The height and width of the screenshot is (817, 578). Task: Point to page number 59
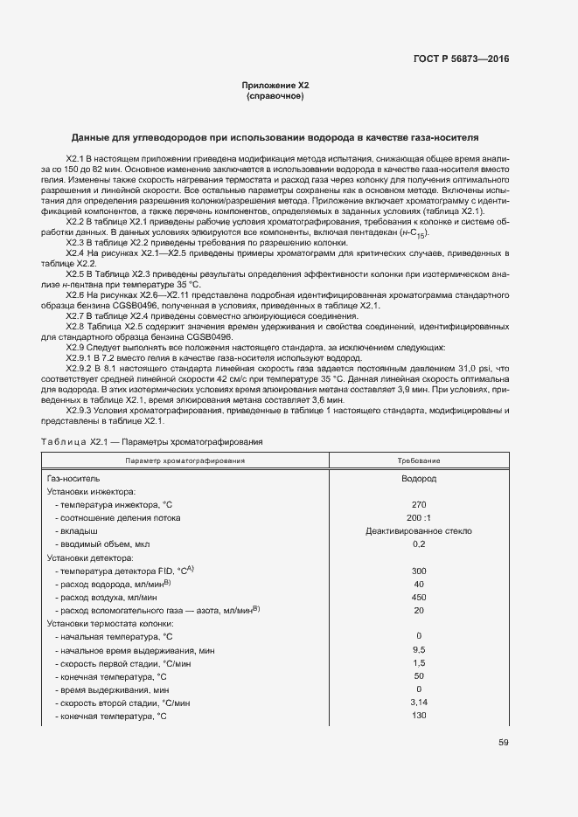coord(503,743)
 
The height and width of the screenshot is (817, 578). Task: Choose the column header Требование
coord(419,460)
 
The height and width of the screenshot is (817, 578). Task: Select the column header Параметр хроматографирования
coord(185,460)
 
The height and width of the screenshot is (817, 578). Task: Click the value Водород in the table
coord(419,479)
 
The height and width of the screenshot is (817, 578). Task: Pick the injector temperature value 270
coord(419,504)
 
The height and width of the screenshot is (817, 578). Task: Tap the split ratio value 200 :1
coord(419,517)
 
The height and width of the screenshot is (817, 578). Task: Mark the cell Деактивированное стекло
coord(419,530)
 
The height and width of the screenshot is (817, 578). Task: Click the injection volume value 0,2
coord(419,544)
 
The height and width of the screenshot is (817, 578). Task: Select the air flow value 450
coord(419,597)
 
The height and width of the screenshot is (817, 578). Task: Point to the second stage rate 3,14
coord(419,703)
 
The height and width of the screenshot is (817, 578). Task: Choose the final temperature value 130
coord(419,716)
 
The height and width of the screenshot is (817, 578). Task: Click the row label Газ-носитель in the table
coord(73,479)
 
